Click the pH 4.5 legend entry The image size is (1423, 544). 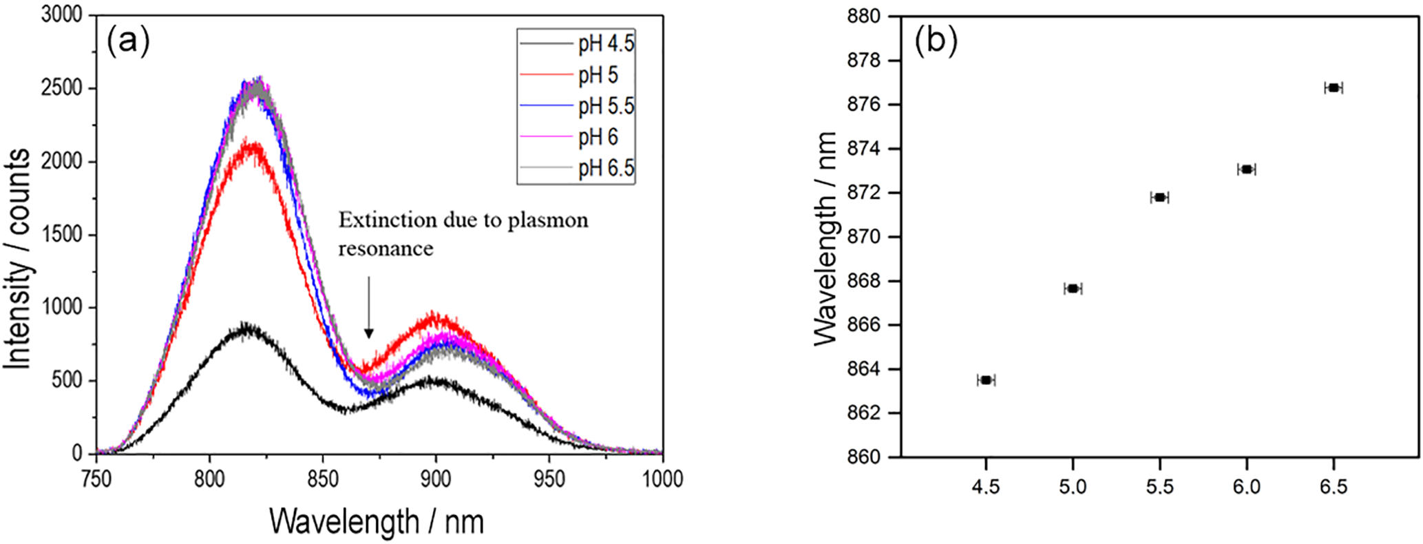click(606, 45)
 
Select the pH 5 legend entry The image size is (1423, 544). click(598, 75)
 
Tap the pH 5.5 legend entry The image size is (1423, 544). click(606, 106)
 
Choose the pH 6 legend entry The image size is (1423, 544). click(598, 138)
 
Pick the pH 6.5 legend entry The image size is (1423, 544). click(606, 169)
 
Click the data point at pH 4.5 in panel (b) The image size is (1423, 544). click(986, 380)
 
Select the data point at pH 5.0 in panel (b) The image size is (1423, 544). click(1073, 289)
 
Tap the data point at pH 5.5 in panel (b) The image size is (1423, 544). click(1159, 198)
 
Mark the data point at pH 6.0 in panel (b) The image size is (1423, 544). click(1246, 169)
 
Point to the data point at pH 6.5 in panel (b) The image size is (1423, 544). click(1334, 88)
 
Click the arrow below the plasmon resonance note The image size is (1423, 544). click(369, 307)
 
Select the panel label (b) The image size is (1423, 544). click(936, 42)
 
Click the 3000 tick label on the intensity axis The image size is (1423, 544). click(62, 15)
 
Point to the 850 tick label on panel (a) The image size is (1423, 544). click(323, 479)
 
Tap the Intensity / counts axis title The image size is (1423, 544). click(18, 258)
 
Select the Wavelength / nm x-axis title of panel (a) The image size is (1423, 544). click(377, 521)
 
